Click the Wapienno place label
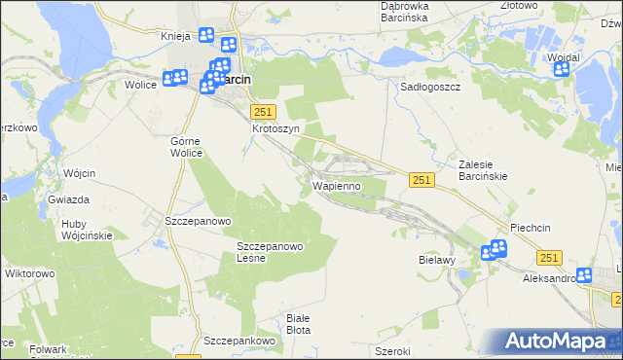click(337, 185)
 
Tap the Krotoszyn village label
click(275, 128)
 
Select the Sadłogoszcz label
click(430, 87)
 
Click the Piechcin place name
click(530, 228)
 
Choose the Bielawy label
click(438, 262)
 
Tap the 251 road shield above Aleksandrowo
click(549, 257)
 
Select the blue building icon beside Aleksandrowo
click(584, 275)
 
